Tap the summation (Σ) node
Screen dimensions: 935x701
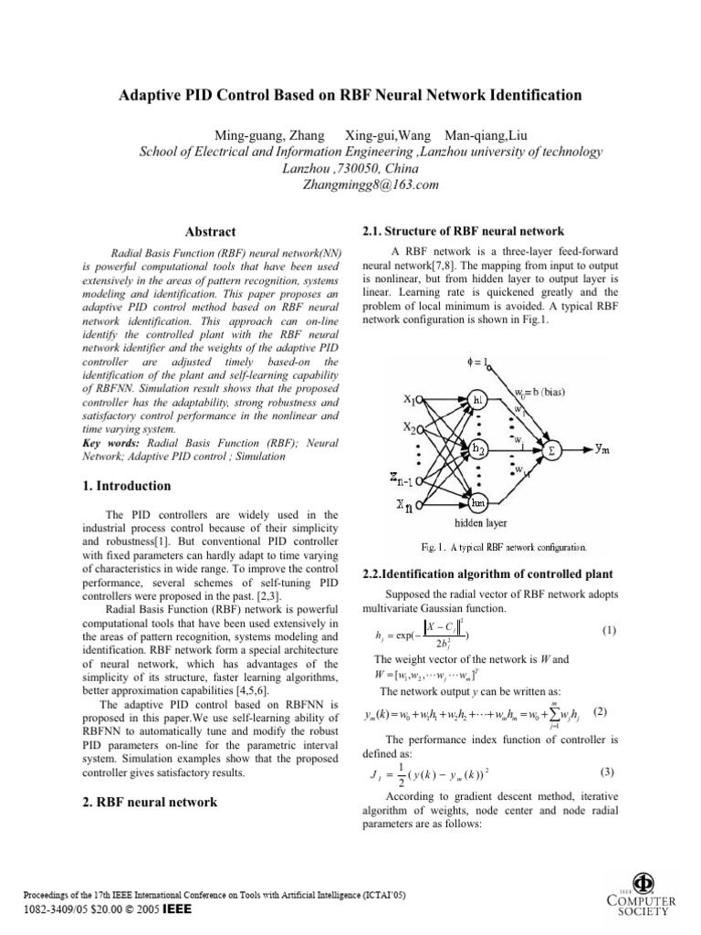553,449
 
